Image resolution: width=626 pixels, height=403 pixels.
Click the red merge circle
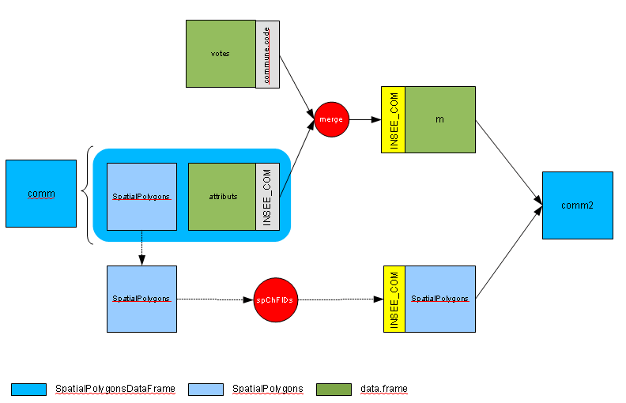pyautogui.click(x=331, y=119)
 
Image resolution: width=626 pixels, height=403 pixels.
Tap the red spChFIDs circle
pyautogui.click(x=276, y=299)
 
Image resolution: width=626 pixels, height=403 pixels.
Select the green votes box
pyautogui.click(x=221, y=54)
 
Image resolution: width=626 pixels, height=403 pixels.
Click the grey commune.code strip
pyautogui.click(x=267, y=55)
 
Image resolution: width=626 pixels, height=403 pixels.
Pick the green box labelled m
pyautogui.click(x=440, y=119)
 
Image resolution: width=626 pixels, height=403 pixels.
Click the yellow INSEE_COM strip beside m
pyautogui.click(x=394, y=119)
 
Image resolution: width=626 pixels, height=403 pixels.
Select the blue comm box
pyautogui.click(x=41, y=194)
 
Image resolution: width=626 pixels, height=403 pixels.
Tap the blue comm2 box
pyautogui.click(x=577, y=205)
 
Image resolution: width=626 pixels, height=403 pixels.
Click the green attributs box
pyautogui.click(x=222, y=197)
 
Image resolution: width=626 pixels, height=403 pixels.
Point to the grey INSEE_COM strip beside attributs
pyautogui.click(x=267, y=197)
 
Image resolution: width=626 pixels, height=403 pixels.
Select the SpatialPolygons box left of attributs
pyautogui.click(x=141, y=197)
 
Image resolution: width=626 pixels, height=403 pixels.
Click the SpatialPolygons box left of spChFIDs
pyautogui.click(x=141, y=299)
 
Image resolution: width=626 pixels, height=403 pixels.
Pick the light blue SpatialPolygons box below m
pyautogui.click(x=440, y=299)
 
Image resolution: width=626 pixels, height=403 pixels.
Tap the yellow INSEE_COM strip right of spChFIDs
pyautogui.click(x=394, y=299)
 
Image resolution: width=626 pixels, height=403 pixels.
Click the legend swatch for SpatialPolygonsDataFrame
pyautogui.click(x=28, y=390)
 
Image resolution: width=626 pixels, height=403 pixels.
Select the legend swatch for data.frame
pyautogui.click(x=334, y=390)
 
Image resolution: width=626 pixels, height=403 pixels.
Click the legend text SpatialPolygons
pyautogui.click(x=267, y=389)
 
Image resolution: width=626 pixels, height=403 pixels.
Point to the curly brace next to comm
pyautogui.click(x=87, y=194)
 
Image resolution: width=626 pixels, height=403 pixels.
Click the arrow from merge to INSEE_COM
pyautogui.click(x=365, y=119)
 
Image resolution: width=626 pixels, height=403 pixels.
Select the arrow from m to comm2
pyautogui.click(x=509, y=163)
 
